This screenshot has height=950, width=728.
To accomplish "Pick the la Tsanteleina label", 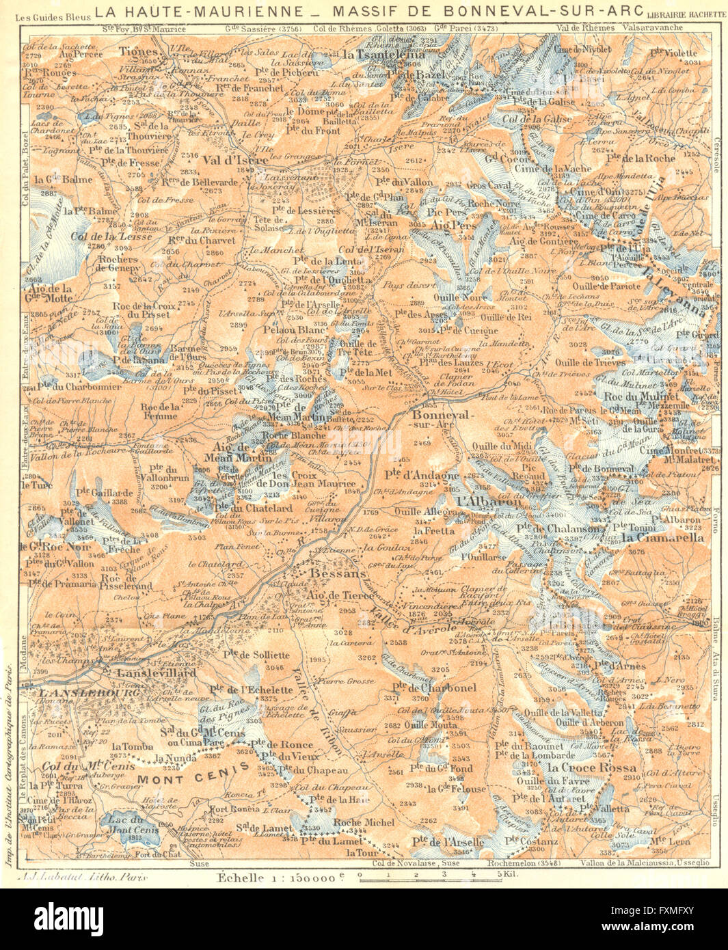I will [376, 53].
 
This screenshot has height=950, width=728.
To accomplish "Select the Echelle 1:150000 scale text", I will [280, 877].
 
